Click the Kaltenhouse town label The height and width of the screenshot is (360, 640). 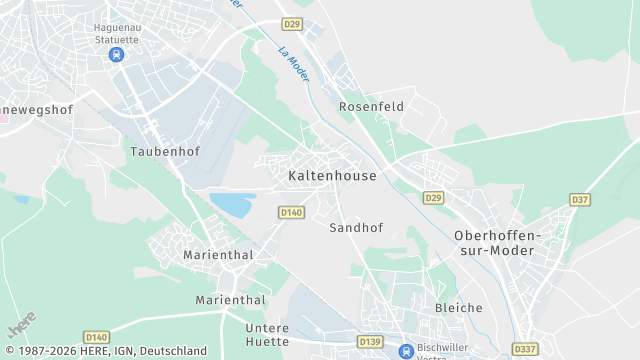(332, 176)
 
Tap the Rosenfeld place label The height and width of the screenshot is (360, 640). (370, 106)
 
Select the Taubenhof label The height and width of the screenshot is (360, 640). (165, 152)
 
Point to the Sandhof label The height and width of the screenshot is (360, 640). (356, 228)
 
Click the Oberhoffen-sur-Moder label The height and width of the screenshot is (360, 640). (497, 242)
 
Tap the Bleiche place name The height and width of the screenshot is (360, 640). (458, 308)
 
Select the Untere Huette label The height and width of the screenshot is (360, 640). (267, 334)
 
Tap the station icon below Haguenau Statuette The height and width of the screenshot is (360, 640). (117, 54)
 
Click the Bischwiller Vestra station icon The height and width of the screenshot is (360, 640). (406, 351)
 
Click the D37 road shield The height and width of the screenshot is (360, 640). (580, 200)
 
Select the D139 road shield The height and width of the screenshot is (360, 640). (370, 342)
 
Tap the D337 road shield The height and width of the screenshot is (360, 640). (524, 349)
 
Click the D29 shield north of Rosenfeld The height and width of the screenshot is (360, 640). (291, 23)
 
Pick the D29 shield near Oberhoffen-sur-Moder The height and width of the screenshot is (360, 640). (432, 197)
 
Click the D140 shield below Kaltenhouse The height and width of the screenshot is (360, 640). (291, 212)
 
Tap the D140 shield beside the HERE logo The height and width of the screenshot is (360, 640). (96, 337)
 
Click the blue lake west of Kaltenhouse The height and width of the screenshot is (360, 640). (231, 205)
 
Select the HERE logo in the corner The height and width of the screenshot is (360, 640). (21, 326)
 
